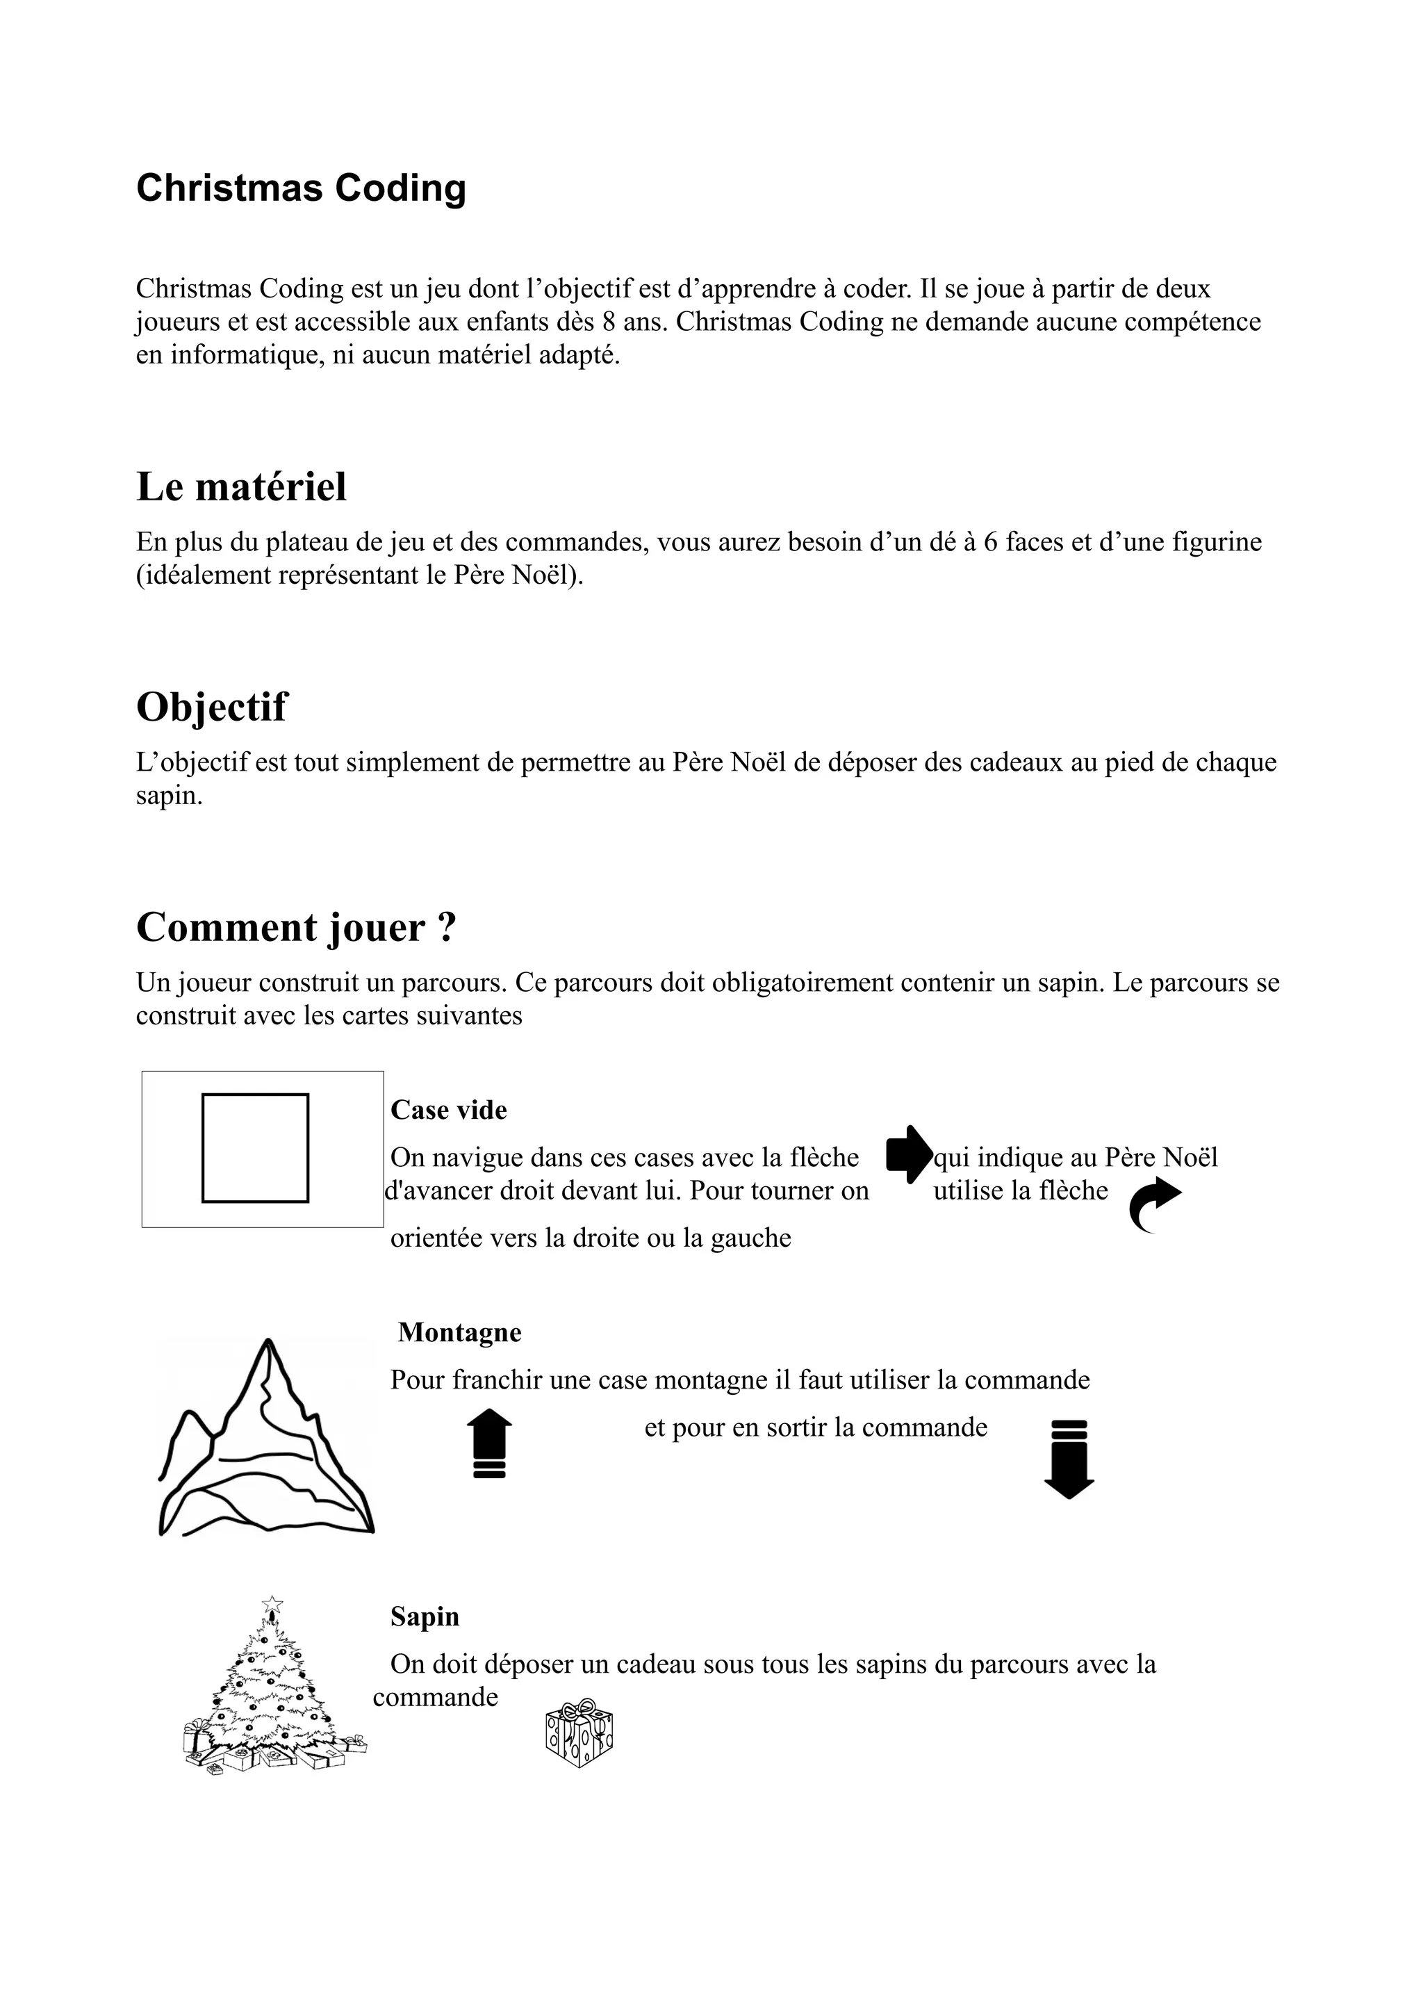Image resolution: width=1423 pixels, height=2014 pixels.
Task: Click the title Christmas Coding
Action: click(301, 188)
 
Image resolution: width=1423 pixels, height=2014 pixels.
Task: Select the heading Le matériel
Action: click(241, 487)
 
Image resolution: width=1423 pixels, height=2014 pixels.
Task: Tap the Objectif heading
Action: click(211, 707)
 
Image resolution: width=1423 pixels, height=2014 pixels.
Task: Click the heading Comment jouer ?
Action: click(297, 927)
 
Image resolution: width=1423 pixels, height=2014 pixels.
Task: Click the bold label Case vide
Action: click(448, 1110)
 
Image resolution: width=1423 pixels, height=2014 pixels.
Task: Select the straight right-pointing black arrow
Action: click(908, 1154)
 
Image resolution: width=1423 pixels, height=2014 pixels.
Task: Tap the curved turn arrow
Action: click(1154, 1204)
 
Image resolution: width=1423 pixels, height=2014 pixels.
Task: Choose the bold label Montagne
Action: click(459, 1332)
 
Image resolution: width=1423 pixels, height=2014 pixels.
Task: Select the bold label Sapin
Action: click(425, 1616)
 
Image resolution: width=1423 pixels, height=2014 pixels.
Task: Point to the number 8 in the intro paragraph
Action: click(607, 322)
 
